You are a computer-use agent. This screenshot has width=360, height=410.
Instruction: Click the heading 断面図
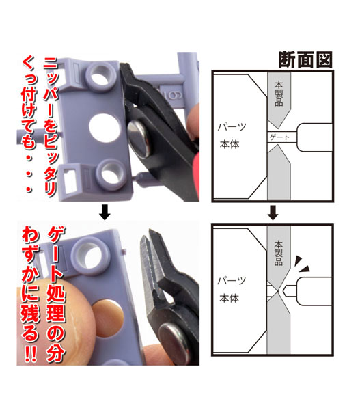305,60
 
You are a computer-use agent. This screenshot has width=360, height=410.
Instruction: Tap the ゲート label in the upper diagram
279,137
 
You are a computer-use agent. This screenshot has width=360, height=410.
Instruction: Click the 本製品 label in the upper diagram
279,94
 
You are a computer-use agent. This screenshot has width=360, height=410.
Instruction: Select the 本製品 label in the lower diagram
279,253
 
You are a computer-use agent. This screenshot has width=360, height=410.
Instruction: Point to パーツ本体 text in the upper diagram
232,135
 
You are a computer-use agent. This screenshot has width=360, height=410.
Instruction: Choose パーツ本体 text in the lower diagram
232,290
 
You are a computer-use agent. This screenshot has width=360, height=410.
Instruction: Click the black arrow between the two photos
105,212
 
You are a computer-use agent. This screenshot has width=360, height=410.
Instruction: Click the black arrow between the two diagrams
273,213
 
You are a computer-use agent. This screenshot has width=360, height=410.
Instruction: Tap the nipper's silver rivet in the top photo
138,137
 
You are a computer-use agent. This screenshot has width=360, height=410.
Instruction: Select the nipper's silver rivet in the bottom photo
174,342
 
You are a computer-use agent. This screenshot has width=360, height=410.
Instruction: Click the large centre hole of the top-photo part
105,127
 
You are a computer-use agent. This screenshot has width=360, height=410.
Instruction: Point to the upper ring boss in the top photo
101,76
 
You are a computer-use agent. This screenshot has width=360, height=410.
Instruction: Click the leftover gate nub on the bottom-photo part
124,251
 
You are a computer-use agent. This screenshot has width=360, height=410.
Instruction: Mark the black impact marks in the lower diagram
302,264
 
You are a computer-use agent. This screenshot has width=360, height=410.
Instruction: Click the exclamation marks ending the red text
30,353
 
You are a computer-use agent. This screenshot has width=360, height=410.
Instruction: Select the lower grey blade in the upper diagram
279,173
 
